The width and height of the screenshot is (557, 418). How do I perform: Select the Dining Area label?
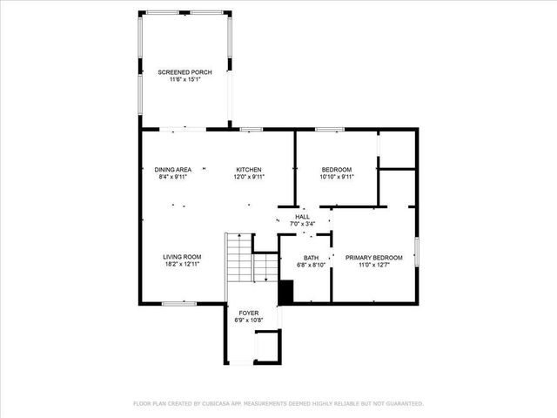[173, 169]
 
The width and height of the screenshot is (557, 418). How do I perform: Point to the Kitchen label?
[249, 169]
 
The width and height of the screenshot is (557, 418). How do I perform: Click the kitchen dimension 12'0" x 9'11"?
[249, 177]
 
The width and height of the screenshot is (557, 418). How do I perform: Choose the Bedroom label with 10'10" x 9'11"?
[336, 169]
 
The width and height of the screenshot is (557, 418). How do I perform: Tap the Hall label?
[302, 217]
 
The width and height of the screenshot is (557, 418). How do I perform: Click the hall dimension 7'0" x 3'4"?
[302, 225]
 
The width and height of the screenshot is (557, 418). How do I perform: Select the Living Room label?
[182, 257]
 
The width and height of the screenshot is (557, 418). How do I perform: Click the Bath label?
[311, 258]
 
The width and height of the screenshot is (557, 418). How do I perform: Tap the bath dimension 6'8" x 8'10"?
[311, 266]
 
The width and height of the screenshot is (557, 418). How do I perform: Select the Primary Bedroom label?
[374, 258]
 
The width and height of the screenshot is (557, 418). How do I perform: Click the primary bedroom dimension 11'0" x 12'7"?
[374, 266]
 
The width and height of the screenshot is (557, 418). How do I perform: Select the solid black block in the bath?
[285, 293]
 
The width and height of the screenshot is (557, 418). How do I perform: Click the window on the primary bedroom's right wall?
[417, 253]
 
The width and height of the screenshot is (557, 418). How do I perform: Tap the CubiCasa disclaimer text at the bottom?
[278, 404]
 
